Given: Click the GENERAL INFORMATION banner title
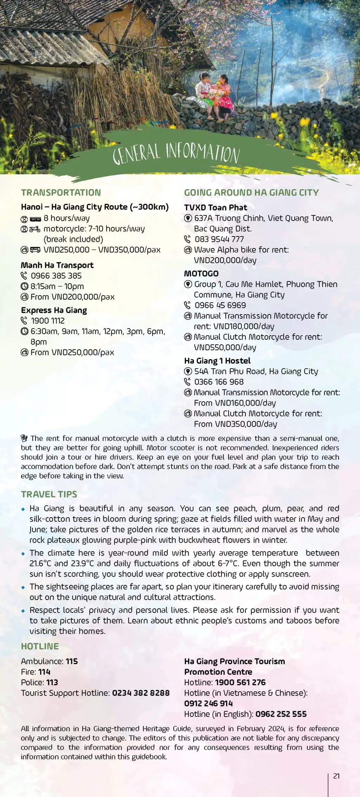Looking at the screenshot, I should pyautogui.click(x=176, y=154).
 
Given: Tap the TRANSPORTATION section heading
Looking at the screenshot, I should pyautogui.click(x=61, y=193).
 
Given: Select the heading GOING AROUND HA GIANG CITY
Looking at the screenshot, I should pyautogui.click(x=251, y=193).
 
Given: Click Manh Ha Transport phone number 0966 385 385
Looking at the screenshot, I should pyautogui.click(x=56, y=276).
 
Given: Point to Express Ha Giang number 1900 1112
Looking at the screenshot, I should pyautogui.click(x=48, y=321).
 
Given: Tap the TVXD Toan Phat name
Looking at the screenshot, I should pyautogui.click(x=216, y=208).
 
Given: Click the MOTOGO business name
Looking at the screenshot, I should pyautogui.click(x=201, y=273).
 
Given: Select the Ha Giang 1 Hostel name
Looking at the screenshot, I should pyautogui.click(x=217, y=361).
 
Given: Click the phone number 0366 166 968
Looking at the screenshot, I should pyautogui.click(x=219, y=382).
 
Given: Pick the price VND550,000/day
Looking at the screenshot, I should pyautogui.click(x=225, y=348).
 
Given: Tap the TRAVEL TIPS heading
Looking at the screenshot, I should pyautogui.click(x=49, y=494).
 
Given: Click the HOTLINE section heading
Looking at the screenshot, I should pyautogui.click(x=40, y=646).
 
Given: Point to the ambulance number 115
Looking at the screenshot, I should pyautogui.click(x=72, y=661).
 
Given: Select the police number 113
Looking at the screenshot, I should pyautogui.click(x=52, y=682).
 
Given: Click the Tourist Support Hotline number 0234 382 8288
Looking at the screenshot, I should pyautogui.click(x=141, y=693).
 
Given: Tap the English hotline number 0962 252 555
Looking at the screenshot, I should pyautogui.click(x=281, y=714).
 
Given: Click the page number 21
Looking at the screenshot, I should pyautogui.click(x=336, y=776).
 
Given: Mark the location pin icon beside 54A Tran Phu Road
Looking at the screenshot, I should pyautogui.click(x=188, y=371).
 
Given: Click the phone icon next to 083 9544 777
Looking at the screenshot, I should pyautogui.click(x=188, y=239).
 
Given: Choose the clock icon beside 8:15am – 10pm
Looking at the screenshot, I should pyautogui.click(x=24, y=286).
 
